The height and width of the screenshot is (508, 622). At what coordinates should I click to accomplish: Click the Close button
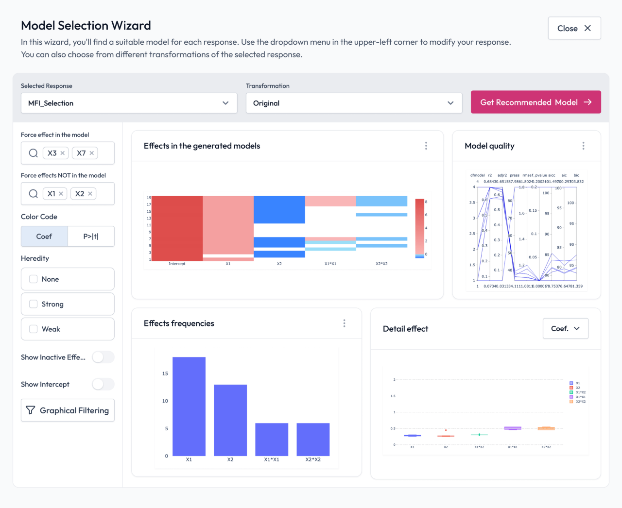[574, 28]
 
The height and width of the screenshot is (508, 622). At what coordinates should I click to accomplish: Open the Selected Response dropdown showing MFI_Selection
[129, 103]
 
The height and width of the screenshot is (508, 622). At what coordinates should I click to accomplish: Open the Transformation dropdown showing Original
[354, 103]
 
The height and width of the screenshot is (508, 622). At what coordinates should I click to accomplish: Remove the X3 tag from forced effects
[63, 153]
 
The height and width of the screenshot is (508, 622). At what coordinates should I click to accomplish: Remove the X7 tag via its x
[91, 153]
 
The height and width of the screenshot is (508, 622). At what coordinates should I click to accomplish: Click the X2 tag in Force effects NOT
[80, 194]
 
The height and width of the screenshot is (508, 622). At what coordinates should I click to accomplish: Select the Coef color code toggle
[44, 237]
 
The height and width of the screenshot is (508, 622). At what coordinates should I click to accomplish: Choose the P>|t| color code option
[91, 237]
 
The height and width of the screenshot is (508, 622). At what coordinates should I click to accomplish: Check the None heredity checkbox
[34, 279]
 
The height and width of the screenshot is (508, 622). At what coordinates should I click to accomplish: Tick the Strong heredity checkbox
[34, 304]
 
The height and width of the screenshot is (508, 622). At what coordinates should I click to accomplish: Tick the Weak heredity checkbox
[34, 329]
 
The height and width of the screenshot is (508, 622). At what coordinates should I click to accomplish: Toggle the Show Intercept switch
[103, 384]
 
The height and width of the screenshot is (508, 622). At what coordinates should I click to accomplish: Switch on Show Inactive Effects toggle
[103, 357]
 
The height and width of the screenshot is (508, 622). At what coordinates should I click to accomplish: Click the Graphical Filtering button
[68, 410]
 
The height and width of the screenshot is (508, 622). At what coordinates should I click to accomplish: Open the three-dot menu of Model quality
[583, 146]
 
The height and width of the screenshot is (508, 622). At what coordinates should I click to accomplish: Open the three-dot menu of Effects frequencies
[344, 323]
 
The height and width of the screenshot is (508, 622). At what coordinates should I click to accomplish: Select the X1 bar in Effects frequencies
[189, 406]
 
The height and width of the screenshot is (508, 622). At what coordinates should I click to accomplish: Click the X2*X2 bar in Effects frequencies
[313, 439]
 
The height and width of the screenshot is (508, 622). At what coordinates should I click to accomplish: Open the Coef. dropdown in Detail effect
[565, 329]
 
